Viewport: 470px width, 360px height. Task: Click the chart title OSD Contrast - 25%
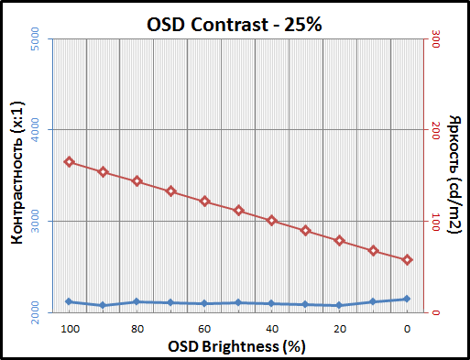[235, 24]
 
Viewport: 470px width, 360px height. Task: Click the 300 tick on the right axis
[436, 40]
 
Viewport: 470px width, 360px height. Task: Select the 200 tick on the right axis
[436, 131]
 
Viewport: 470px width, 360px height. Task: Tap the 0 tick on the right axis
[436, 313]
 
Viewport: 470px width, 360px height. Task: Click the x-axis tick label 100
[69, 329]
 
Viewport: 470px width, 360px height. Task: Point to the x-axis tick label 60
[204, 329]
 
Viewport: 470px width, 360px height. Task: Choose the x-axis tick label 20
[339, 329]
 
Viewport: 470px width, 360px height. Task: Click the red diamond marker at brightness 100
[69, 162]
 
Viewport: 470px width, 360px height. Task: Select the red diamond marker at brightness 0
[407, 260]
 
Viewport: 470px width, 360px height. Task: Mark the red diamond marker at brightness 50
[238, 211]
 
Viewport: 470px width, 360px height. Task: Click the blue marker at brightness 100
[69, 301]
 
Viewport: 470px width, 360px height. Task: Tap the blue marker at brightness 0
[407, 299]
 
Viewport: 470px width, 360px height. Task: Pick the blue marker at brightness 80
[137, 301]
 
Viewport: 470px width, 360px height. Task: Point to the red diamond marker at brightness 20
[339, 241]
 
